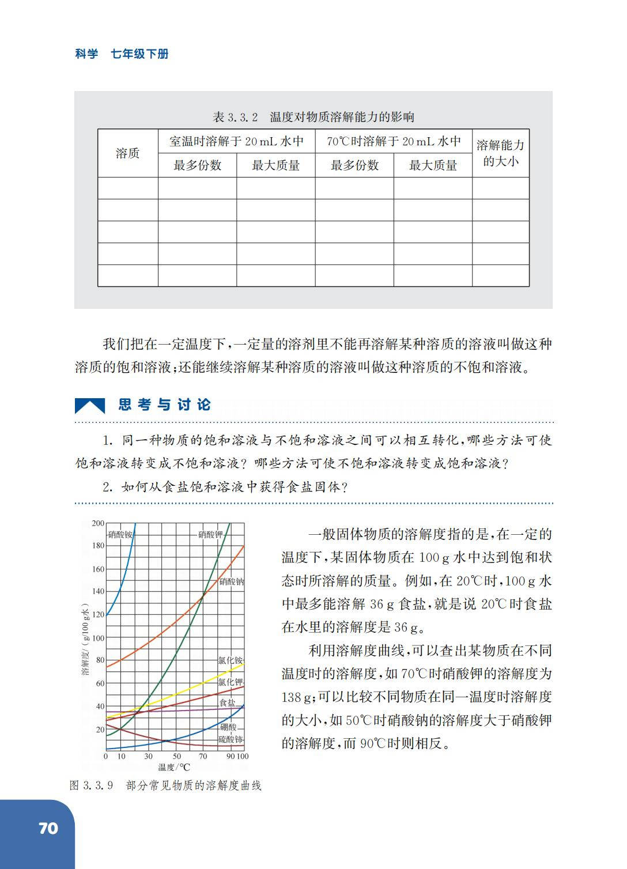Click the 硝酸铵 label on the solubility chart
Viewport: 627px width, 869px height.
(120, 534)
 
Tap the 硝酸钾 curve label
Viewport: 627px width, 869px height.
(210, 534)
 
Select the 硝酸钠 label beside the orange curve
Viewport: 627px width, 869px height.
(231, 581)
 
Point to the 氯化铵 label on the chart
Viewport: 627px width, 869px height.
(230, 660)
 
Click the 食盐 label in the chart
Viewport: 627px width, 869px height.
(228, 702)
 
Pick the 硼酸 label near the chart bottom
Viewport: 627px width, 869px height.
(228, 727)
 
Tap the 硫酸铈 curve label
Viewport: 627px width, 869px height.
(231, 739)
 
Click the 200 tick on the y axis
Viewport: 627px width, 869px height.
(98, 523)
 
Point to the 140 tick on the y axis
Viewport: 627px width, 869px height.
(98, 591)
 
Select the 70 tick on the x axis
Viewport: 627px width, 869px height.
(203, 756)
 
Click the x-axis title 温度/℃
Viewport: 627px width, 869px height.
(174, 767)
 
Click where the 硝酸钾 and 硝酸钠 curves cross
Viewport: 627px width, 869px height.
(203, 596)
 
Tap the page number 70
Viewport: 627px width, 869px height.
(48, 829)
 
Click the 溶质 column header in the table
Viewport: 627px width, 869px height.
(127, 153)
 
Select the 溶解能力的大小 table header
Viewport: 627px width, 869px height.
(500, 153)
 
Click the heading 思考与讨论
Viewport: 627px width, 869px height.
(165, 405)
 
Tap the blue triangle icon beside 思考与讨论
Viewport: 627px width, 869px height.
(90, 406)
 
